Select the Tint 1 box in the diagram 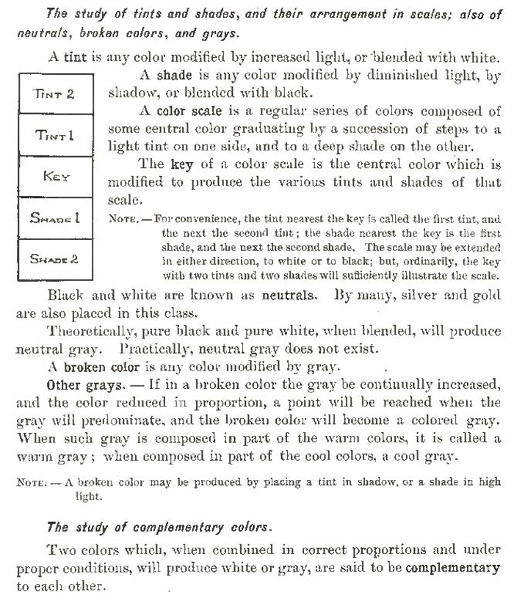55,135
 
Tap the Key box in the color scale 55,177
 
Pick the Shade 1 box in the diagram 55,218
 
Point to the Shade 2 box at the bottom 55,259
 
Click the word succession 363,130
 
